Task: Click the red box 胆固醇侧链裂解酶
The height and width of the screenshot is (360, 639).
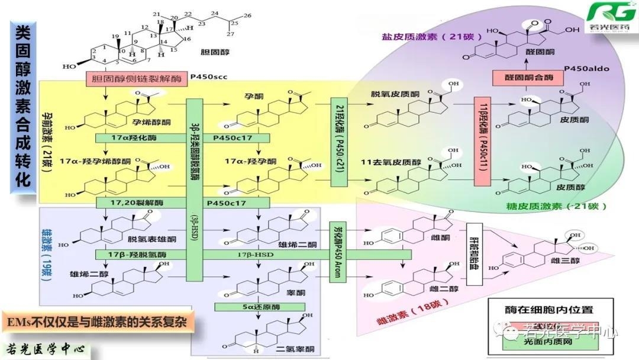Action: pos(136,78)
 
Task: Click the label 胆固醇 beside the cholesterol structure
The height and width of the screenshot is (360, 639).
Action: pos(219,52)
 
